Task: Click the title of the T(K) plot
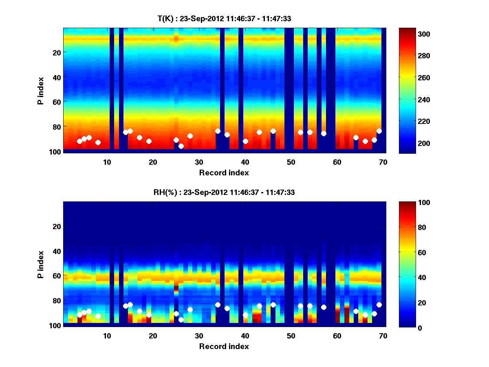click(x=224, y=18)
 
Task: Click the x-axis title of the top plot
click(x=224, y=172)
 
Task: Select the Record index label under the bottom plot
click(x=224, y=346)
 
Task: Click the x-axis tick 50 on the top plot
click(x=291, y=162)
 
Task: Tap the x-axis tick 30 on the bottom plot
click(x=199, y=336)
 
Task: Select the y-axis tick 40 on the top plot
click(x=56, y=77)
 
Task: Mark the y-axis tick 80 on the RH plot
click(x=56, y=300)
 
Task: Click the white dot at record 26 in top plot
click(x=181, y=146)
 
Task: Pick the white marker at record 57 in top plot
click(x=324, y=133)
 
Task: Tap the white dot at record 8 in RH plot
click(x=98, y=316)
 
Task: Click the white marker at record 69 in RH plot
click(x=379, y=305)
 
